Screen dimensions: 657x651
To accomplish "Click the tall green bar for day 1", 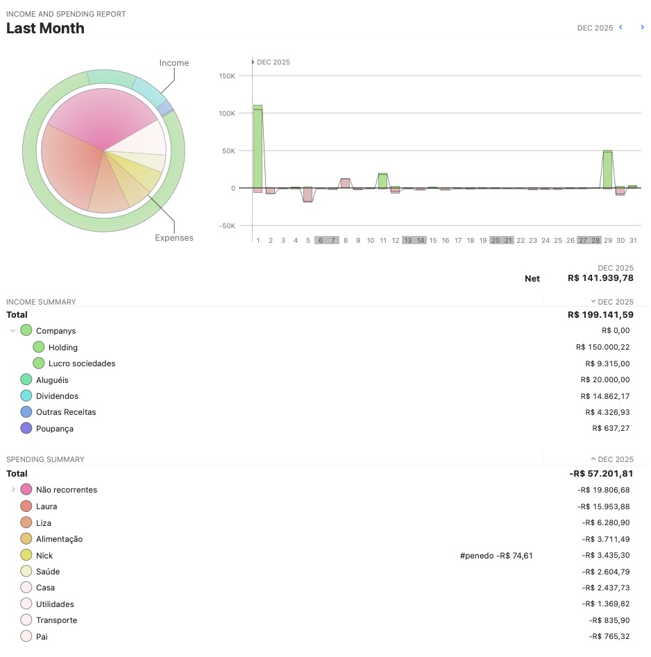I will [x=257, y=146].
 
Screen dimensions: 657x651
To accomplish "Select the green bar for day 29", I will [x=607, y=169].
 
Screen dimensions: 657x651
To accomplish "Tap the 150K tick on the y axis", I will [x=226, y=76].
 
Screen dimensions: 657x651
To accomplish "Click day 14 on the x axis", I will [x=421, y=240].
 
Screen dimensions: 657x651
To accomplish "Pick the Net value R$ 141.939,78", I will [x=600, y=278].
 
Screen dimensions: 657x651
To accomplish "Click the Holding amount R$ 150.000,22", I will [x=602, y=347].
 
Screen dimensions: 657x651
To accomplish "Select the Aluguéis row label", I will [x=52, y=380].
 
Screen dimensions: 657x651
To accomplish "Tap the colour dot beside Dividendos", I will [x=26, y=395].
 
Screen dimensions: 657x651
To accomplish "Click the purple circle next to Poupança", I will [x=26, y=428].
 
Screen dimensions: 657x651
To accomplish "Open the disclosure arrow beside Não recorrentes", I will [x=12, y=490].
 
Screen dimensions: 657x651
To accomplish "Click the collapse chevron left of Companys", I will [x=12, y=331].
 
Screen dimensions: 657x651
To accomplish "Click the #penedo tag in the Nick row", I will [x=476, y=556].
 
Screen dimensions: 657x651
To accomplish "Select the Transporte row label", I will [x=56, y=620].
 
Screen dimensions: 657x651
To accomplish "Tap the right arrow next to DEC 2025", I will [x=642, y=28].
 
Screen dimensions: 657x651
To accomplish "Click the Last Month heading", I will [x=45, y=28].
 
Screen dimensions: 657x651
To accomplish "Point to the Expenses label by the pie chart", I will [x=174, y=238].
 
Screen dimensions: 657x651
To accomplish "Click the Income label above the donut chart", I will [x=174, y=63].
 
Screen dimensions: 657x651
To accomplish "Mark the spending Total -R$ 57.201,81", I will [x=600, y=474].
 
